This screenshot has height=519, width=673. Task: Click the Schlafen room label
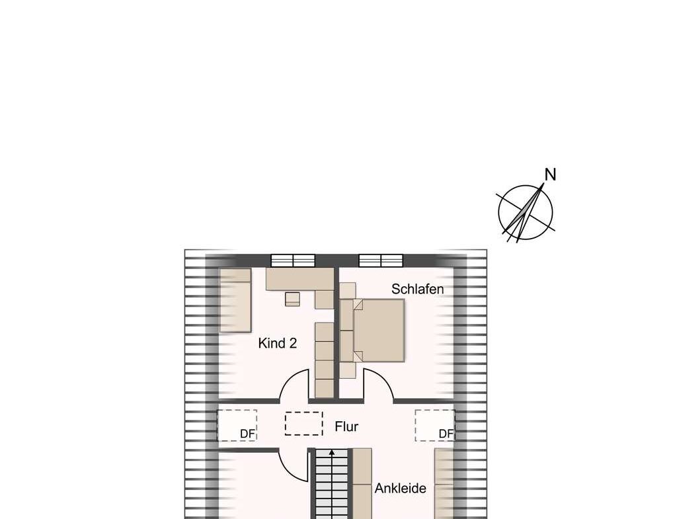417,290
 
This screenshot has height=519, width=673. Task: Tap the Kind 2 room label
277,343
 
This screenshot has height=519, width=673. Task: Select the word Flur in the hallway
346,426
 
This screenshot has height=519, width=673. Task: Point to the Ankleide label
401,489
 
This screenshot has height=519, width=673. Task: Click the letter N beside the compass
550,175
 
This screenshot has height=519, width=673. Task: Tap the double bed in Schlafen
379,330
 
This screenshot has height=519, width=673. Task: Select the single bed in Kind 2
235,299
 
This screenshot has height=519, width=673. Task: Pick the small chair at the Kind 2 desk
292,299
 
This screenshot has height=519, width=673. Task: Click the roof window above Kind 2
293,260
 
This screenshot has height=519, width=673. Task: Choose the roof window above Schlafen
381,260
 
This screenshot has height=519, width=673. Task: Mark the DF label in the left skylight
247,434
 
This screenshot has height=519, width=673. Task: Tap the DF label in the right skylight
446,434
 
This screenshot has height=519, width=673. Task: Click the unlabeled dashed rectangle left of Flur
303,424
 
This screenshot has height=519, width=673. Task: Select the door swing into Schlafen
377,385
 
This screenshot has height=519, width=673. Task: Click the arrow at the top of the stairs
332,454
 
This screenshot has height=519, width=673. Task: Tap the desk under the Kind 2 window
299,278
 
